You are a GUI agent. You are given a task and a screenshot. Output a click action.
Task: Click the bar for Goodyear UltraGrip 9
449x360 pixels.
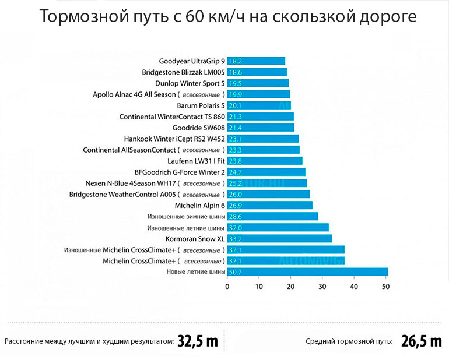click(x=257, y=61)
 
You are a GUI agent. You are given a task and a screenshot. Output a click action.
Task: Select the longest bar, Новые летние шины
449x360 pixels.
click(x=308, y=272)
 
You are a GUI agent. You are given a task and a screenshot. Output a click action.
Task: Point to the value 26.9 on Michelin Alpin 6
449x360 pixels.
click(x=236, y=206)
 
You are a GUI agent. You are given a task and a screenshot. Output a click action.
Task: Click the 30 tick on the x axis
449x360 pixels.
click(x=322, y=286)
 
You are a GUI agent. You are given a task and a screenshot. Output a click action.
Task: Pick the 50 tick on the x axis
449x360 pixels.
click(x=385, y=286)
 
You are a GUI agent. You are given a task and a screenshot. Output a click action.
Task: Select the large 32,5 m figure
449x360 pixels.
click(x=198, y=341)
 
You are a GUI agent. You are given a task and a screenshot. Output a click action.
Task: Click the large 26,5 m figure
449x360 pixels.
click(x=421, y=341)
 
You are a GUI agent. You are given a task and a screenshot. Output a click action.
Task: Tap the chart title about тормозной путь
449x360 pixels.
click(x=228, y=16)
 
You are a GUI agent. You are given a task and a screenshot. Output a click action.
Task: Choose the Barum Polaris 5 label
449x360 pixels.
click(x=201, y=105)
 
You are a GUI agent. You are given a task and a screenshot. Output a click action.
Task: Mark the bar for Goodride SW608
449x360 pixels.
click(x=261, y=128)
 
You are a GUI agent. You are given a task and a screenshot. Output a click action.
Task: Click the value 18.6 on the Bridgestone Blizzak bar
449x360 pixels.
click(x=236, y=72)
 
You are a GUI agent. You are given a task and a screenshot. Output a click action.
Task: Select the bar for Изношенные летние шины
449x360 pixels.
click(x=278, y=228)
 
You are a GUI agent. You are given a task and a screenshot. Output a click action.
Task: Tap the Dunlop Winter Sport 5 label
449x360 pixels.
click(x=190, y=83)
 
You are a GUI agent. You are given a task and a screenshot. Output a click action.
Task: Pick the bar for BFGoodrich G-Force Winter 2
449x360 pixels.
click(x=266, y=172)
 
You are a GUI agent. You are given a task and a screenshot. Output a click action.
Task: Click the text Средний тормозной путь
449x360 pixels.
click(x=349, y=341)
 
